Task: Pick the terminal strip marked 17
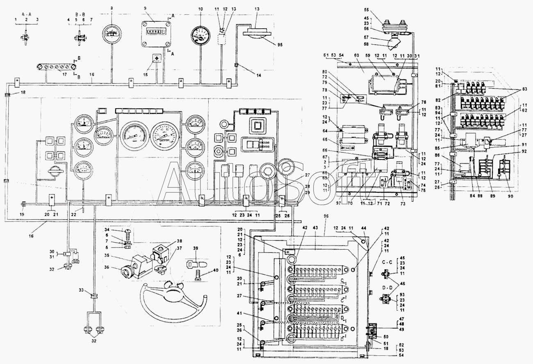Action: (x=55, y=66)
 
